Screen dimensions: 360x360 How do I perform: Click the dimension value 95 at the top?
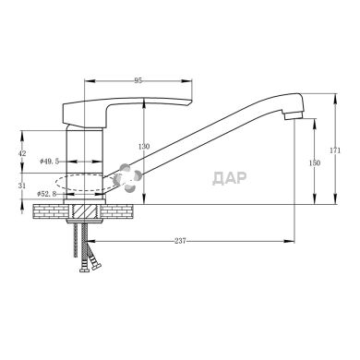[x=138, y=81]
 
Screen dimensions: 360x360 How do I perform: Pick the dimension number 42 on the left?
[x=22, y=154]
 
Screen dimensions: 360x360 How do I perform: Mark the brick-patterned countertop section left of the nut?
[x=52, y=212]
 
